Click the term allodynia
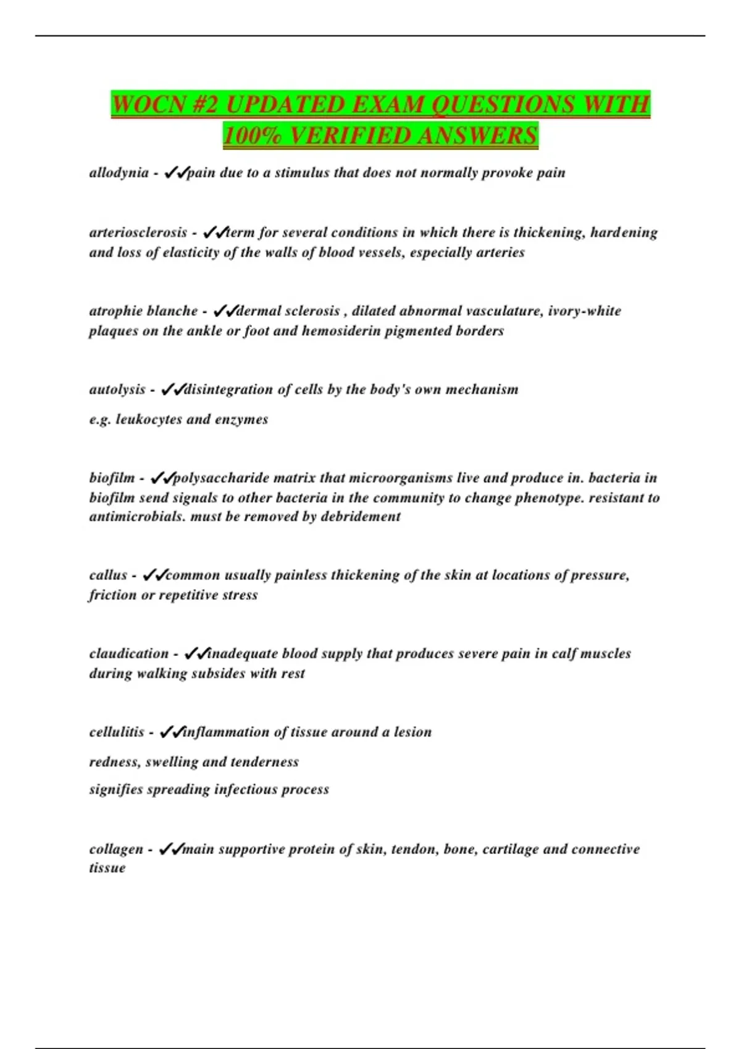119,173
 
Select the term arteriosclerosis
138,233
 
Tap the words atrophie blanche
143,311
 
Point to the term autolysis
117,389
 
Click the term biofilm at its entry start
112,478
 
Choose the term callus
108,575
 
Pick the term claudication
128,653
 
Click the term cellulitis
117,732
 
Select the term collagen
116,849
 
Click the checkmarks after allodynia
175,173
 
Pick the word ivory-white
584,311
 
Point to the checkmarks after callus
154,575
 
